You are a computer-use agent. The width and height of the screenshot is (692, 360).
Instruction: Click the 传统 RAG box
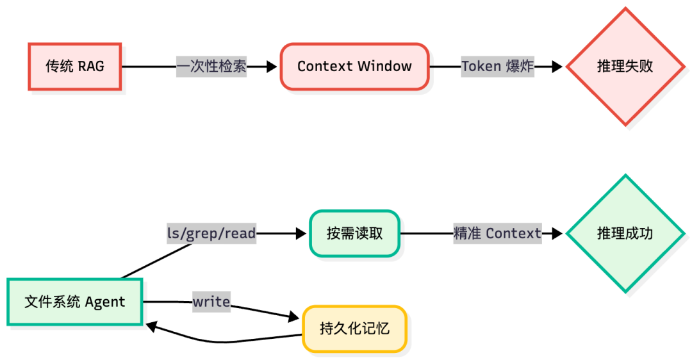coord(75,67)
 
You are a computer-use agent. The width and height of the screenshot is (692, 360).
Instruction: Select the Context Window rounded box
coord(354,67)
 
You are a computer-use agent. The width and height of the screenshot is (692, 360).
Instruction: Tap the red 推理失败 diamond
coord(625,67)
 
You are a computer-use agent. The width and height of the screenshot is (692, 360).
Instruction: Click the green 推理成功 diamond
coord(625,234)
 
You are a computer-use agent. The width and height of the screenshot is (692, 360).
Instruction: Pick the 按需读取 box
coord(354,234)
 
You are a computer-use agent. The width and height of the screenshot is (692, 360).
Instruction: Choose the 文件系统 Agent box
coord(75,302)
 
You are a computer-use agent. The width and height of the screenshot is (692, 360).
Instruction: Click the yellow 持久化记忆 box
coord(354,329)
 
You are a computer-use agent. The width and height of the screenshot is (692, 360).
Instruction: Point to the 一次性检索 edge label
coord(211,67)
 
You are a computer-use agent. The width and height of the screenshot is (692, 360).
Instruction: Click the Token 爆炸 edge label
coord(498,67)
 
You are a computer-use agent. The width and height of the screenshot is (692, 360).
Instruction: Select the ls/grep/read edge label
coord(211,234)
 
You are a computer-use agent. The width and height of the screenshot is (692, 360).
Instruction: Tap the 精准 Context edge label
coord(497,234)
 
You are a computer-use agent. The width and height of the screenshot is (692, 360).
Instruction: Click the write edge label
coord(211,301)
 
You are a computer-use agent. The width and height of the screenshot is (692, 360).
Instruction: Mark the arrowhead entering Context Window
coord(272,67)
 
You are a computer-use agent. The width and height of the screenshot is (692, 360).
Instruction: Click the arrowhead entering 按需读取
coord(301,234)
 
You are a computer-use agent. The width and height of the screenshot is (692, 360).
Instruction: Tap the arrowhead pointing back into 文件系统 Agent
coord(152,326)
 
